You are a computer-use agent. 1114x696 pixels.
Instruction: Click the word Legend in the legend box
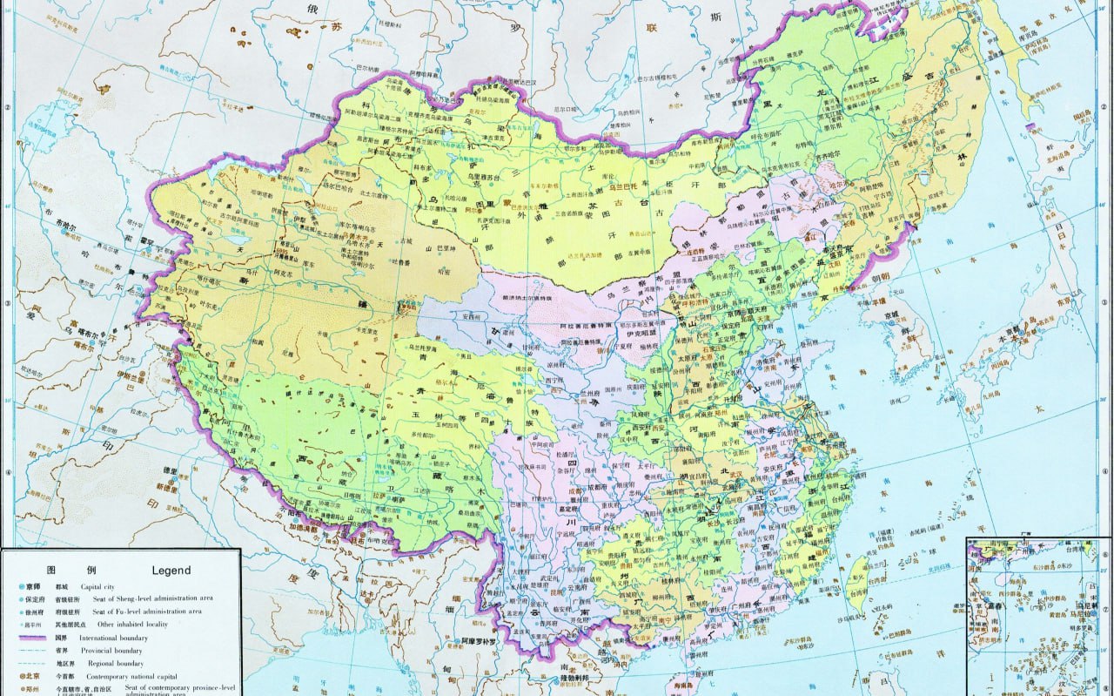[171, 571]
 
